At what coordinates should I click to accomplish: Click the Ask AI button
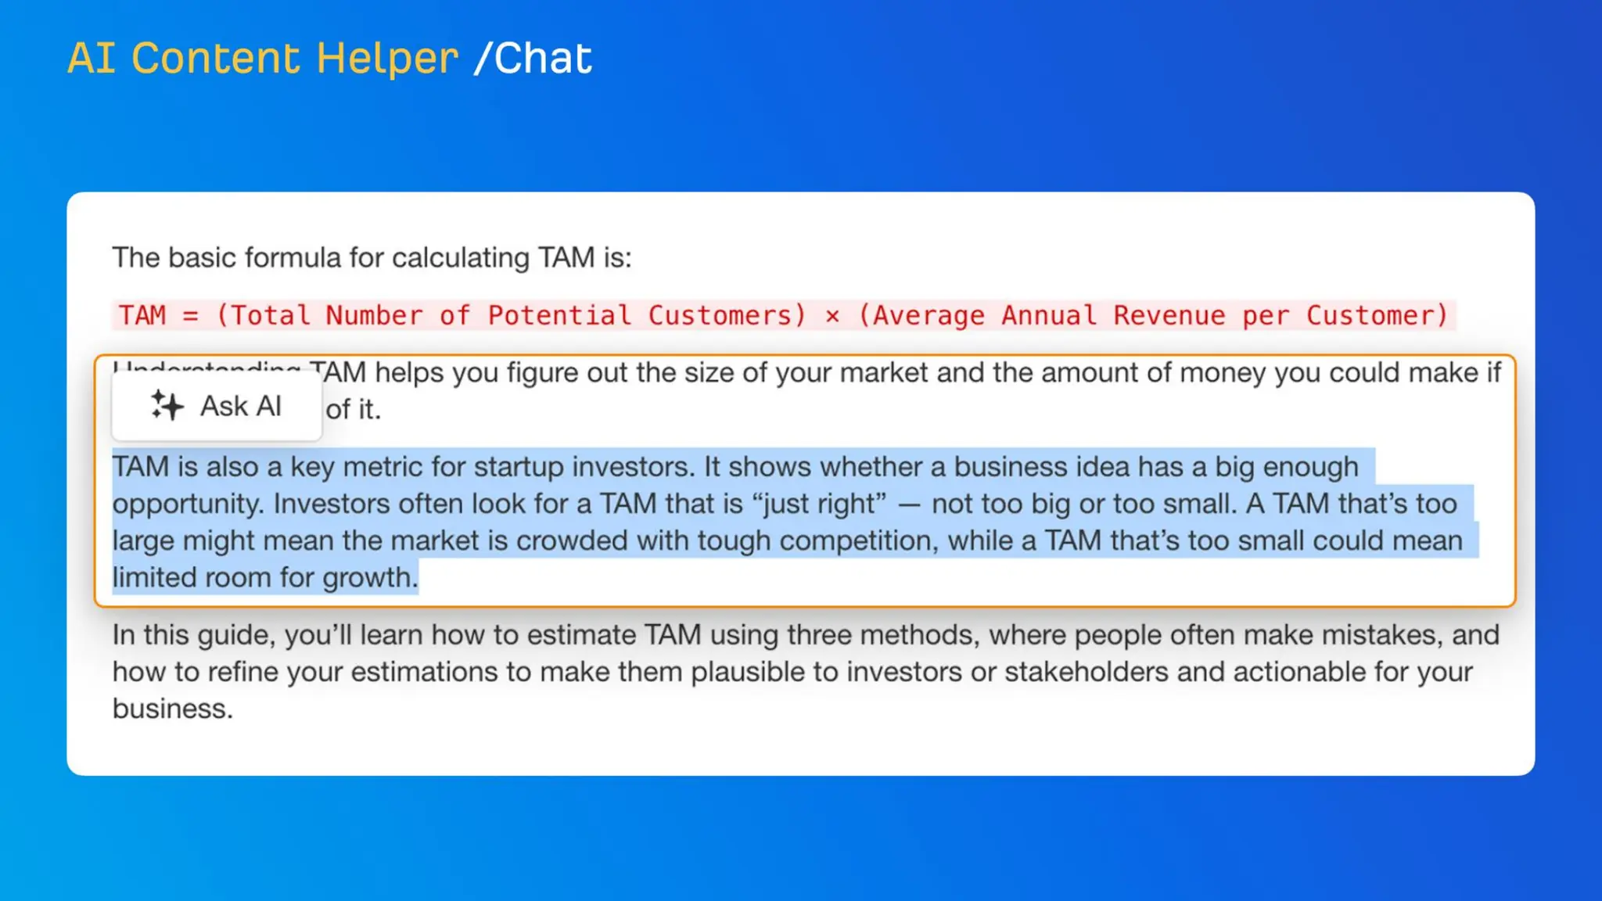tap(217, 406)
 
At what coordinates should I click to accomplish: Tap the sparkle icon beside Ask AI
tap(167, 405)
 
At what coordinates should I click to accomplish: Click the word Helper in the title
tap(386, 59)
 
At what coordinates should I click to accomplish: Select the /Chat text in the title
tap(533, 59)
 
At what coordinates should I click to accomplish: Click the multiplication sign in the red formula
tap(832, 316)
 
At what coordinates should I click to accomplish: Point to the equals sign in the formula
tap(190, 316)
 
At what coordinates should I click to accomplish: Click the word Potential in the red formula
tap(559, 315)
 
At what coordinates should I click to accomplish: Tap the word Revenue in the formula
tap(1169, 315)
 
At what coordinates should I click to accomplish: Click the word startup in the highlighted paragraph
tap(519, 467)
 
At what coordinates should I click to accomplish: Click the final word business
tap(172, 709)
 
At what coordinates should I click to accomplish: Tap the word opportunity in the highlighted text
tap(188, 504)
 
